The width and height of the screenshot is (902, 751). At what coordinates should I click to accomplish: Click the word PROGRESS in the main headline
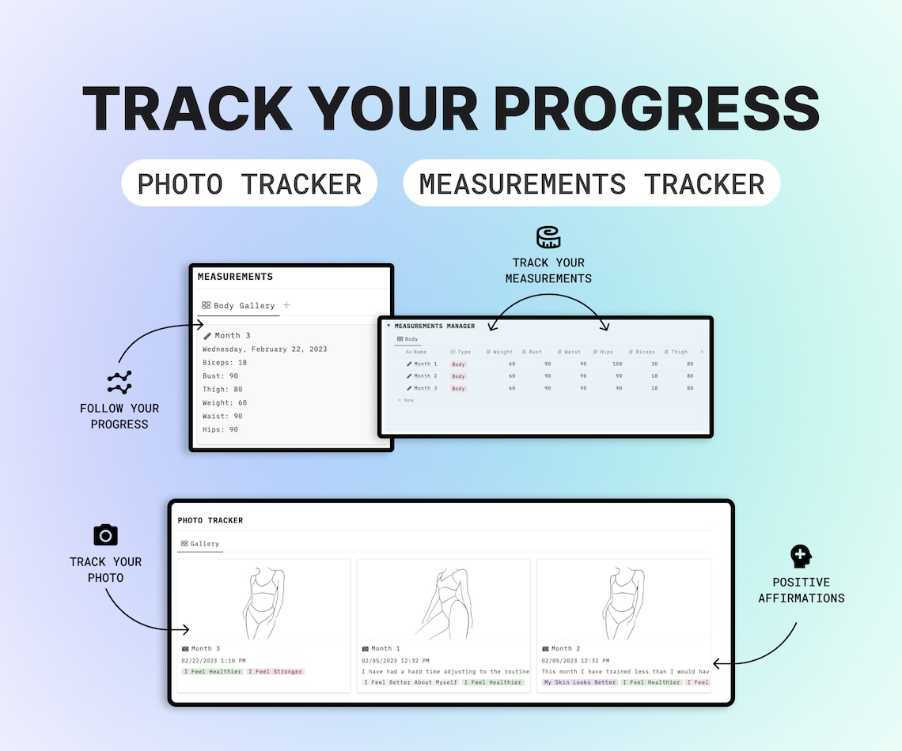[x=656, y=108]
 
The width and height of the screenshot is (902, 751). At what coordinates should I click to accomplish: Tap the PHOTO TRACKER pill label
[x=249, y=183]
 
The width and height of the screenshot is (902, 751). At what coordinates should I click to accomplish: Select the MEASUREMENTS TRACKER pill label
[x=591, y=183]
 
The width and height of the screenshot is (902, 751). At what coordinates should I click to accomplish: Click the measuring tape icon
[x=548, y=237]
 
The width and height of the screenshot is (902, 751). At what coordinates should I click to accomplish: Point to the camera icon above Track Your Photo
[x=105, y=534]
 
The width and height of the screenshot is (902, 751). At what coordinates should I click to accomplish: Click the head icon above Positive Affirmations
[x=801, y=556]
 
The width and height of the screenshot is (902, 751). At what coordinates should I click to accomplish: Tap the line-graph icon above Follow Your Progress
[x=119, y=383]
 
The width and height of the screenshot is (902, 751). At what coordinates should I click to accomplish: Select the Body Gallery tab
[x=238, y=305]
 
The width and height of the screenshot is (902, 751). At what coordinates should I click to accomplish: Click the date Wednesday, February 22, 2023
[x=264, y=349]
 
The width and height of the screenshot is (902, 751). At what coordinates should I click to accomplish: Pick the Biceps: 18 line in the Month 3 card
[x=225, y=362]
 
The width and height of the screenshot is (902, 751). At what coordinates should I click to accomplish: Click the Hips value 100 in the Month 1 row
[x=616, y=364]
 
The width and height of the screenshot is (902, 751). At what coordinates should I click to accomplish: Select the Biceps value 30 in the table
[x=654, y=364]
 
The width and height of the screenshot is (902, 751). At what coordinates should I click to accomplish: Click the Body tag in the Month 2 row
[x=458, y=376]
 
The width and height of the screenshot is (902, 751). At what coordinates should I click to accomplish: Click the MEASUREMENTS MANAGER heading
[x=434, y=326]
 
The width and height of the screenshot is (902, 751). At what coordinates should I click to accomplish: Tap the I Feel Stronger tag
[x=275, y=672]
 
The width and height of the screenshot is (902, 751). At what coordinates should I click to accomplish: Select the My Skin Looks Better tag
[x=579, y=682]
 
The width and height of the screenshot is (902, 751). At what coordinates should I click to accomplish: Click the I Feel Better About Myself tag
[x=411, y=682]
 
